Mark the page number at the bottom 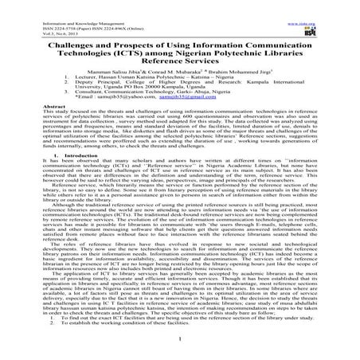tap(180, 345)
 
